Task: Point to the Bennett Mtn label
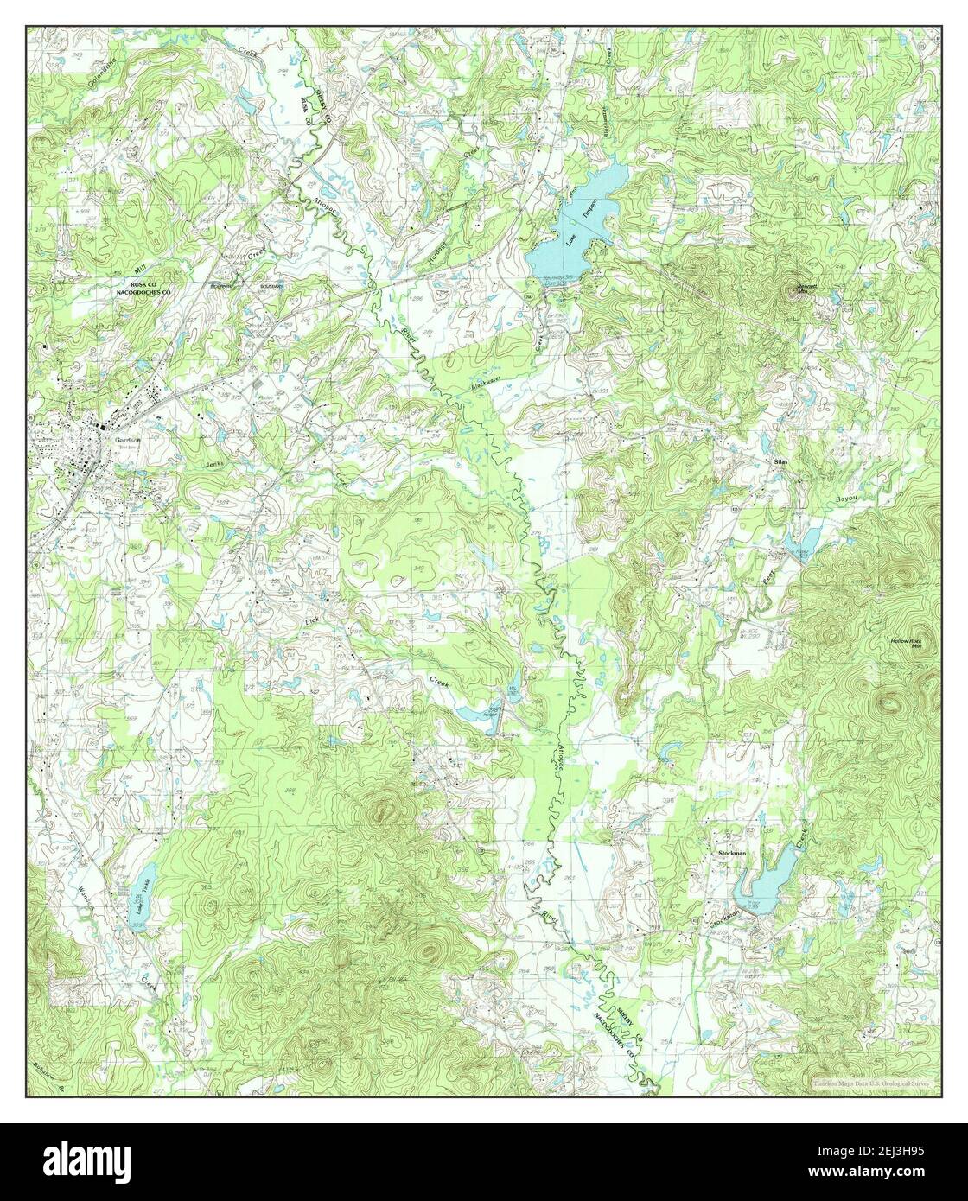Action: tap(807, 289)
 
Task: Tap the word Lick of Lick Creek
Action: tap(313, 620)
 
